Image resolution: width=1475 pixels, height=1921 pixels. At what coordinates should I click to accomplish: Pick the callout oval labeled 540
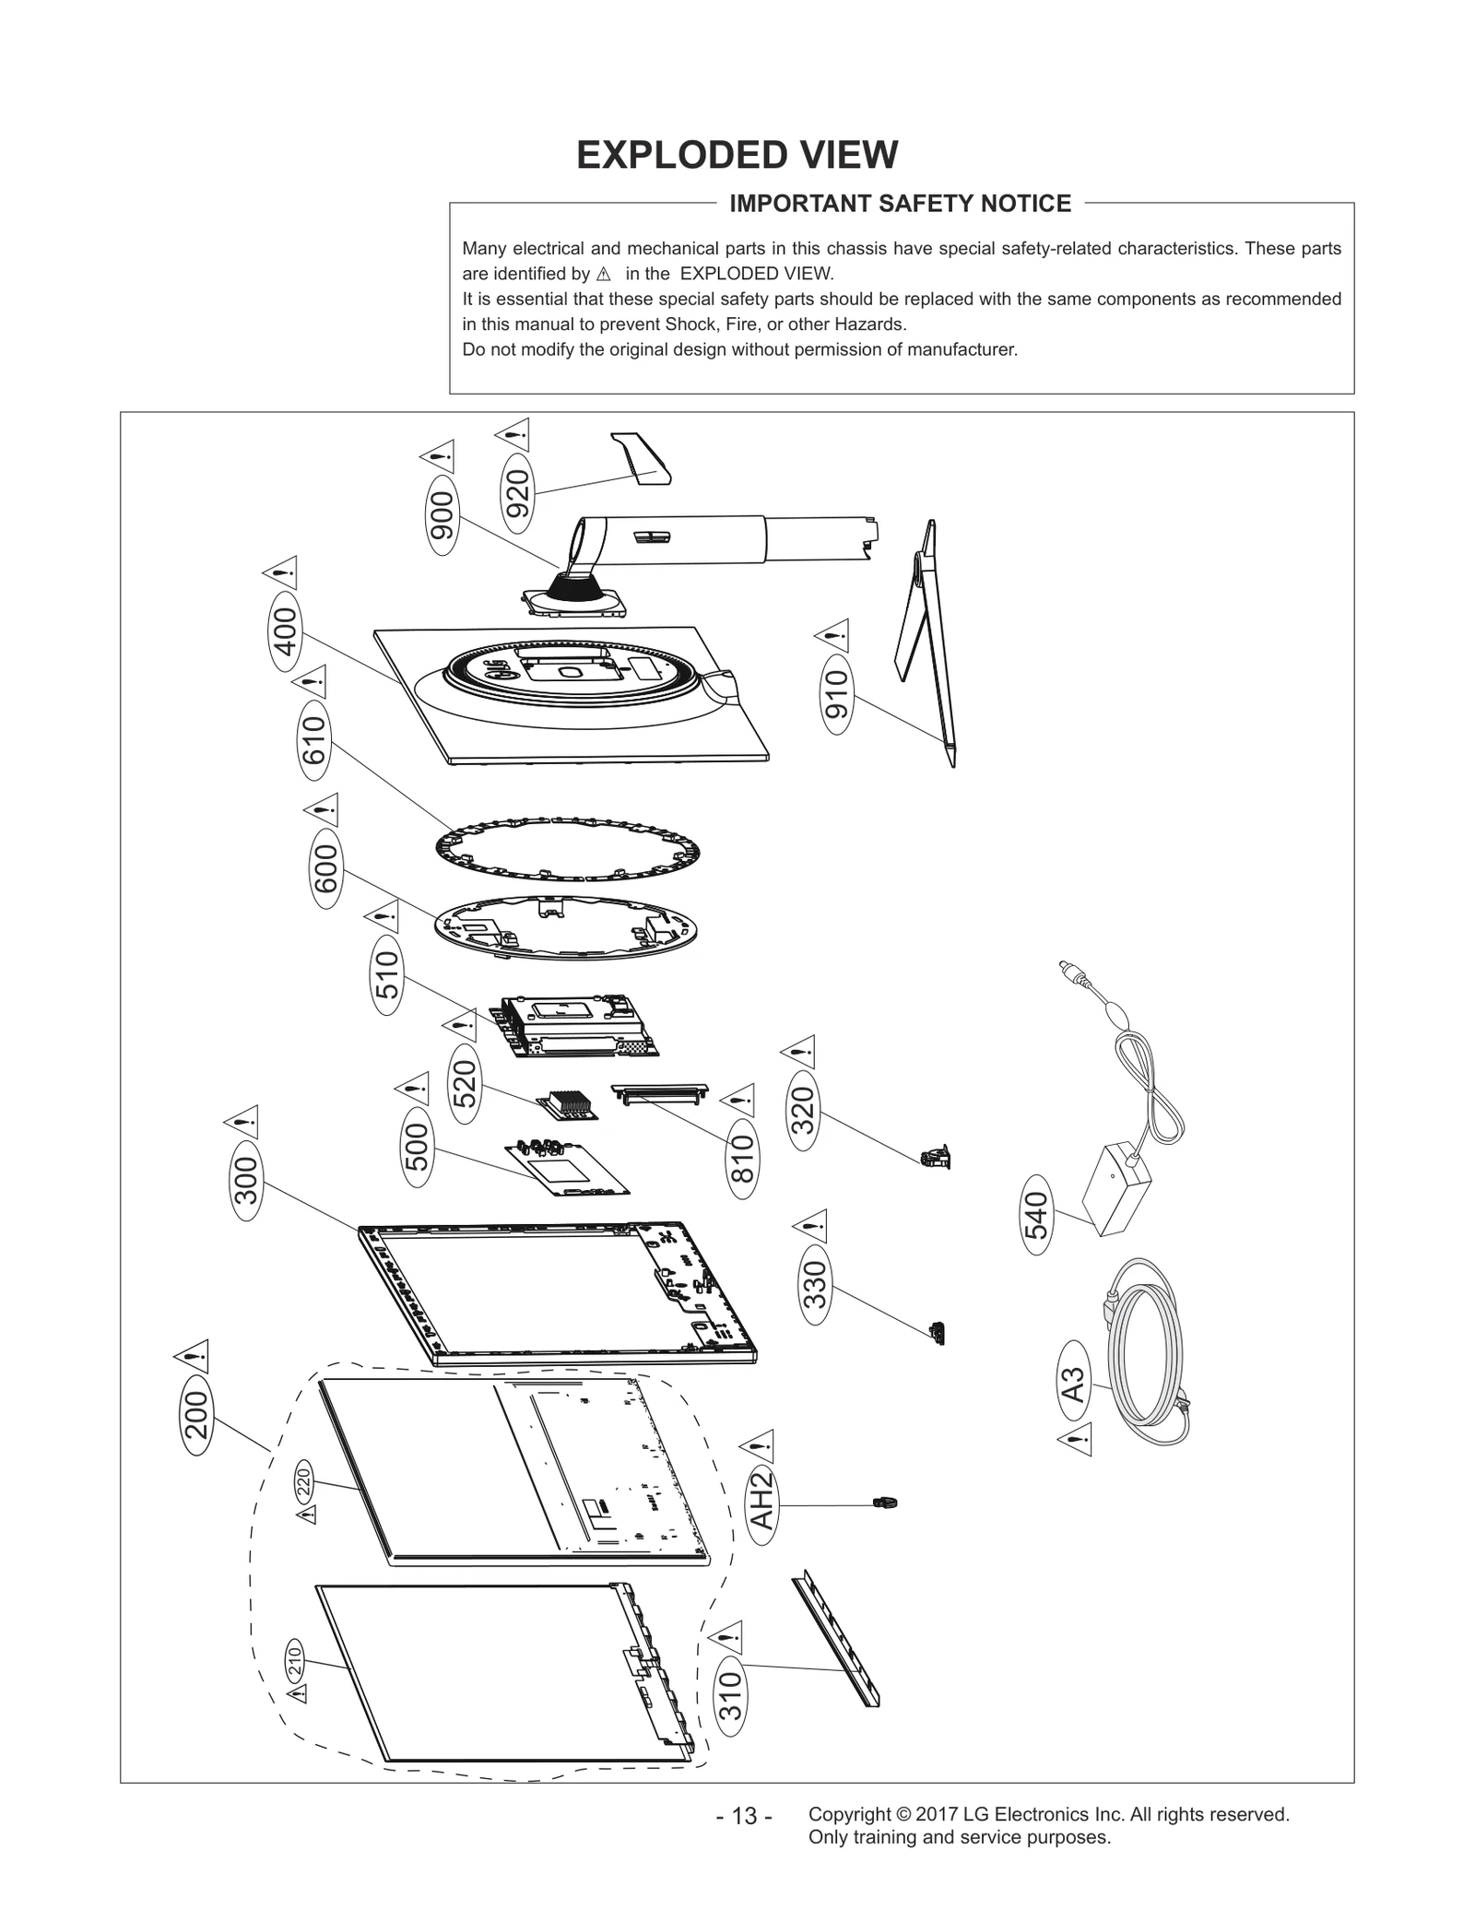pos(1037,1214)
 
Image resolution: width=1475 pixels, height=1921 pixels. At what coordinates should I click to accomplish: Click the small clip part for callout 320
pos(936,1157)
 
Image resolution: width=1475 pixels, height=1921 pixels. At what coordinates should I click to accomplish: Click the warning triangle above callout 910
pos(832,635)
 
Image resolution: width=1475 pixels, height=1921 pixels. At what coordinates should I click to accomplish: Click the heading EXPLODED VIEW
pos(737,155)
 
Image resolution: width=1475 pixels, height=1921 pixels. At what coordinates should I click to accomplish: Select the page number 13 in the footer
pos(743,1816)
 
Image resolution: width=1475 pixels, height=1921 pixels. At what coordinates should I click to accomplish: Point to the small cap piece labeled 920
pos(644,458)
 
